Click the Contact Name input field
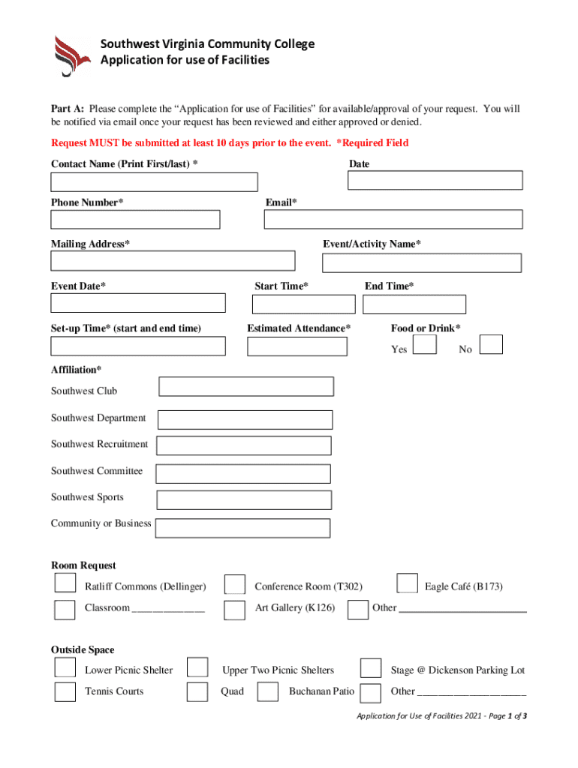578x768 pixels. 154,182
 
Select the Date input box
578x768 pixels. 435,180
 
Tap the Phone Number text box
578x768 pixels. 135,220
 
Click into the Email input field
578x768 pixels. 393,219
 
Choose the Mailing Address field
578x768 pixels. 173,260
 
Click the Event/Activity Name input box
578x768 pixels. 421,262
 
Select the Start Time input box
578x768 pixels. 303,304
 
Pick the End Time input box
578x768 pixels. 414,304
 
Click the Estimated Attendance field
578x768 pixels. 297,346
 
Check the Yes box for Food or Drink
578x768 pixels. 426,343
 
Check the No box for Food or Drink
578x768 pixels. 491,343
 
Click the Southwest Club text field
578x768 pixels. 246,386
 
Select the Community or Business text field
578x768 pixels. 242,528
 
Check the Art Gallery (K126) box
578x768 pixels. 235,609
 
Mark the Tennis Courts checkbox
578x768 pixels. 65,691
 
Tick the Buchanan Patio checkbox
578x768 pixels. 268,691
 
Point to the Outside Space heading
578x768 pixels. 83,649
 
